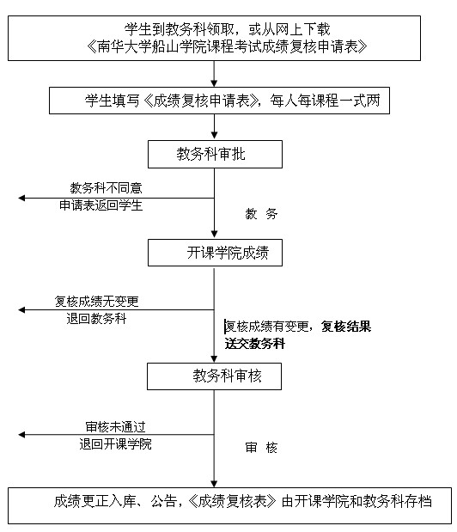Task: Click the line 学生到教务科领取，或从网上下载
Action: pyautogui.click(x=227, y=29)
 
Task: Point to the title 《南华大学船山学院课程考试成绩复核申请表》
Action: pyautogui.click(x=227, y=46)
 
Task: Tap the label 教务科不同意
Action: pyautogui.click(x=107, y=187)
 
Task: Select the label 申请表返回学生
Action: pyautogui.click(x=101, y=205)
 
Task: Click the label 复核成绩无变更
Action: pyautogui.click(x=96, y=302)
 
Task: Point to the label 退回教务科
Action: pyautogui.click(x=96, y=319)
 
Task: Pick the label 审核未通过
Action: pyautogui.click(x=116, y=426)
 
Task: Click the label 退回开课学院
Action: pyautogui.click(x=116, y=443)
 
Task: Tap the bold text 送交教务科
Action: pyautogui.click(x=255, y=344)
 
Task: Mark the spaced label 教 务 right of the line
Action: pyautogui.click(x=261, y=214)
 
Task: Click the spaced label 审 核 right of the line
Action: pyautogui.click(x=261, y=448)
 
